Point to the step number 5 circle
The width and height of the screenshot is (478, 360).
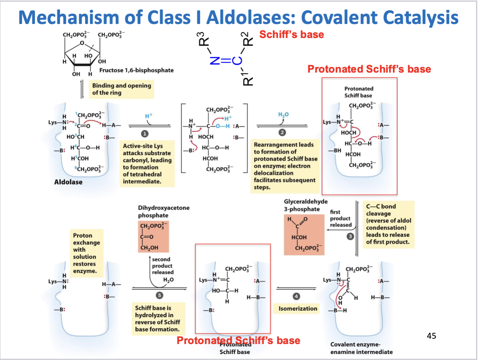click(x=160, y=296)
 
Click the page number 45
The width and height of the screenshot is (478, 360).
click(x=431, y=335)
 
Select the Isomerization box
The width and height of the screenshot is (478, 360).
click(x=298, y=308)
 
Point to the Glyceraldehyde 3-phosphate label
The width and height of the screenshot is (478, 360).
click(x=305, y=205)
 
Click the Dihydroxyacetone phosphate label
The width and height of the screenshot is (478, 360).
click(x=164, y=212)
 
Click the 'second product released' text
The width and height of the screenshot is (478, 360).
click(x=162, y=266)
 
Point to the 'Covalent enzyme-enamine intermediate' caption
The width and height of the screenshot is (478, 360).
click(x=362, y=348)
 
